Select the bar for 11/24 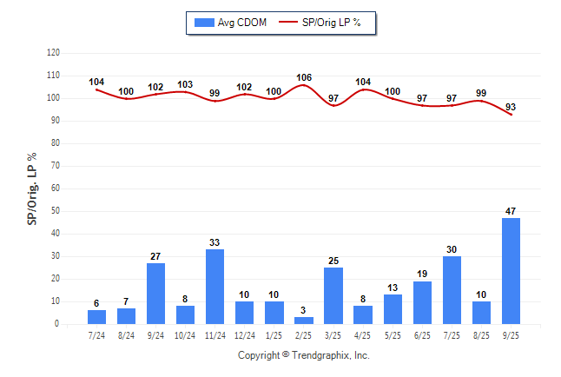tap(215, 287)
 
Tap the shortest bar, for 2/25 tap(304, 321)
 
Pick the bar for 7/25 tap(452, 290)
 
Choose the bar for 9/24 tap(156, 294)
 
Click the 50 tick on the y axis tap(55, 211)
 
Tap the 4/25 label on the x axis tap(363, 334)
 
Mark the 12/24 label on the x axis tap(245, 334)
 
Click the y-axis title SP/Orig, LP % tap(32, 188)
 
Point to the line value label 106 tap(304, 77)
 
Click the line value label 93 tap(511, 106)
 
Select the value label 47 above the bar tap(511, 211)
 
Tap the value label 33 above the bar tap(215, 242)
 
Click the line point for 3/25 tap(333, 105)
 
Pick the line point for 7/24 tap(97, 89)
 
